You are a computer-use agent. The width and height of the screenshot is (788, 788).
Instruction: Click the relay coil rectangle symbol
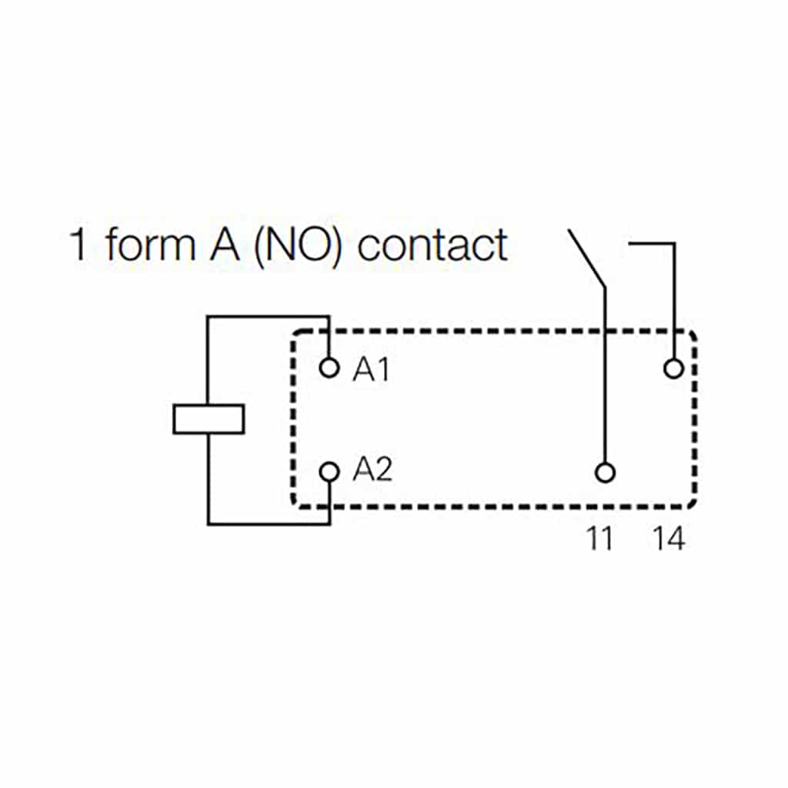(209, 419)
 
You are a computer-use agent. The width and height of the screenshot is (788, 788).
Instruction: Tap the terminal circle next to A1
(329, 369)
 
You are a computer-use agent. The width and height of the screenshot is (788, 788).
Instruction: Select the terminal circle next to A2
(329, 471)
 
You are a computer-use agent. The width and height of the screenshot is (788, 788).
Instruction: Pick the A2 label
(372, 471)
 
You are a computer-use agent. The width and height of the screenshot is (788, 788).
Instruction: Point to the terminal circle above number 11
(606, 472)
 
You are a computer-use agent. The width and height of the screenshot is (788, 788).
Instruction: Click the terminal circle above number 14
(674, 369)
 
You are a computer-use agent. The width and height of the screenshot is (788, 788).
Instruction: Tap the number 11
(599, 539)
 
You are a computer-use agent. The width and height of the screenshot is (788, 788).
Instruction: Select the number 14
(668, 539)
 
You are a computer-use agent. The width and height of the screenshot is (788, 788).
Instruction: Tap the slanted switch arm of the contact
(586, 258)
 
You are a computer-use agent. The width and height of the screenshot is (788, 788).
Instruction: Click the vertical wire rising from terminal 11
(606, 377)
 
